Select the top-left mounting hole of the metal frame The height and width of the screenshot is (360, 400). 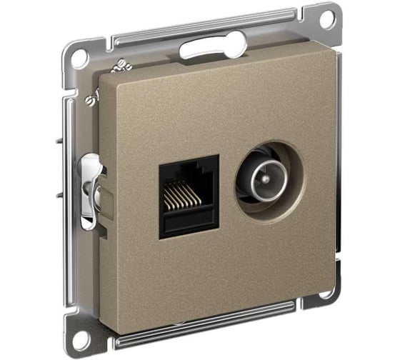click(81, 56)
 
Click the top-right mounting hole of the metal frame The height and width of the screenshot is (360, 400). click(326, 19)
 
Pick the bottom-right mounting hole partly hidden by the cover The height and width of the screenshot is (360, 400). click(325, 294)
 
